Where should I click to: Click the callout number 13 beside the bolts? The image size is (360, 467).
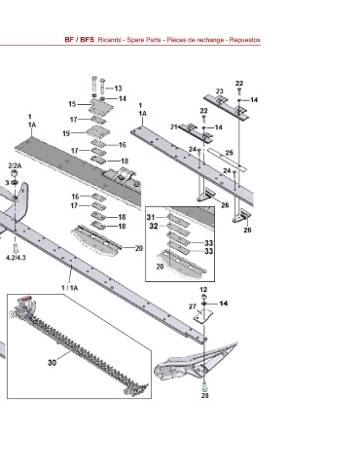tap(118, 89)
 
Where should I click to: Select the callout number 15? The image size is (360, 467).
tap(72, 104)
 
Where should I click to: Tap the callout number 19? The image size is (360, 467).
tap(66, 133)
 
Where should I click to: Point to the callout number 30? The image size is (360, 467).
tap(52, 363)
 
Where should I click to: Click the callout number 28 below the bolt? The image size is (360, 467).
tap(205, 395)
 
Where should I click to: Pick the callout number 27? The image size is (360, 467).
tap(193, 306)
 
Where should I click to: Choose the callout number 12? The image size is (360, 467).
tap(203, 290)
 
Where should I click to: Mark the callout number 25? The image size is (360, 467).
tap(229, 153)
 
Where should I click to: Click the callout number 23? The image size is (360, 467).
tap(220, 91)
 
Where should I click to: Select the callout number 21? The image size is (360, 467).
tap(174, 126)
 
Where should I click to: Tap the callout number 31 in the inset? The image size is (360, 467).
tap(151, 217)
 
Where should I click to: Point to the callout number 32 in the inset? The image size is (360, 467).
tap(154, 226)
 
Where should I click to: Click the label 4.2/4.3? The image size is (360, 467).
tap(16, 258)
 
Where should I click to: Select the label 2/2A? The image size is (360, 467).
tap(15, 165)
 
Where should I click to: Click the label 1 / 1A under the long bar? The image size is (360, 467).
tap(70, 288)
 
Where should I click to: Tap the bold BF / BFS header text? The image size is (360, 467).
tap(80, 40)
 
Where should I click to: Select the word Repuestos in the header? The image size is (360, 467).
tap(245, 40)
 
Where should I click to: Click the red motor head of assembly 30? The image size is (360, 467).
tap(25, 299)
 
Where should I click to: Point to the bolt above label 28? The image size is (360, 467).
tap(204, 385)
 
